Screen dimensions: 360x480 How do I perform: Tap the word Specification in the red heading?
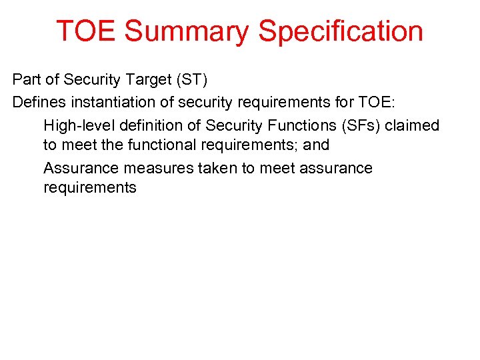[341, 31]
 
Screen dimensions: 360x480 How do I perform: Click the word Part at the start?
[25, 81]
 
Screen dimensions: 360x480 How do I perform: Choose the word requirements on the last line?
[90, 187]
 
